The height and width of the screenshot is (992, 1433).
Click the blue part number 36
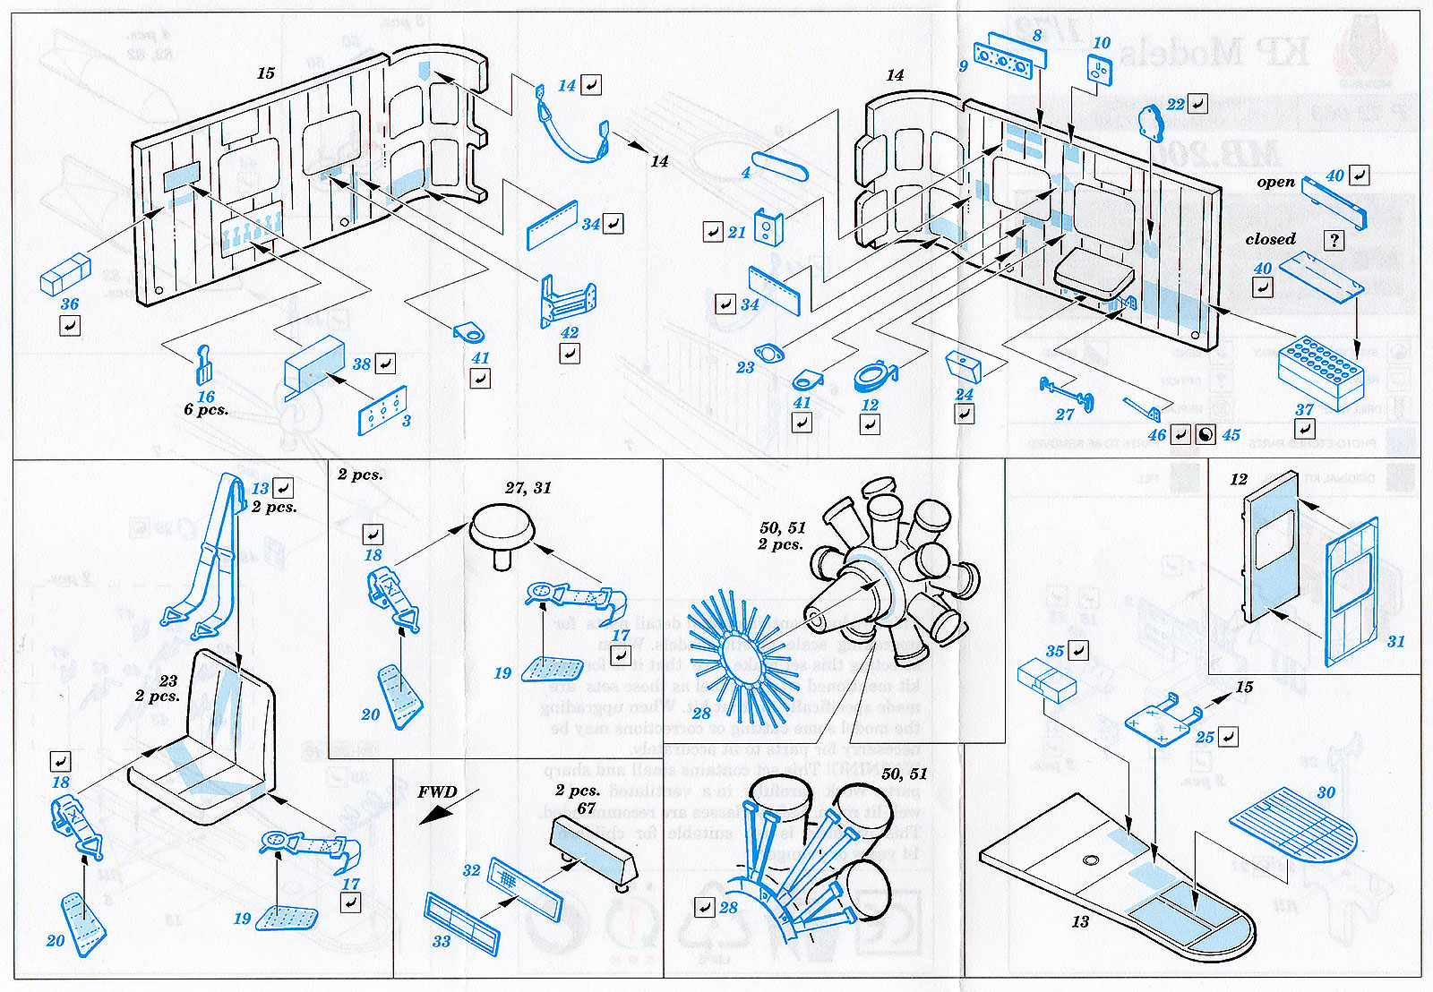click(70, 304)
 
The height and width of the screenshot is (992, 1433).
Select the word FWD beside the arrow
click(437, 792)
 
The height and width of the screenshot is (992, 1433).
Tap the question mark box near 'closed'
click(1334, 240)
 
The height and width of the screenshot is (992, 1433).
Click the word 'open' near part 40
click(1275, 182)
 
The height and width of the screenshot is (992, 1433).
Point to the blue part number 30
click(1326, 792)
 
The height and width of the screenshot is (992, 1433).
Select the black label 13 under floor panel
click(1080, 921)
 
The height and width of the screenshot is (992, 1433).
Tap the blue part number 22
click(1175, 105)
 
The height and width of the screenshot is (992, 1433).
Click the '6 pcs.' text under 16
click(206, 410)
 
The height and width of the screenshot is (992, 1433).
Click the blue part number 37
click(1304, 410)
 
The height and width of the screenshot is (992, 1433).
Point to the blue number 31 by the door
click(1395, 641)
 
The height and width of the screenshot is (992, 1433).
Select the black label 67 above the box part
click(587, 808)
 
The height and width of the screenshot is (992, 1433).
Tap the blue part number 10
click(1101, 43)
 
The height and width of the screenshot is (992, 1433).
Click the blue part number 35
click(1055, 652)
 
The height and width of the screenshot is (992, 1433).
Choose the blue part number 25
click(1205, 737)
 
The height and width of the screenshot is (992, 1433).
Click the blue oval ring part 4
click(779, 165)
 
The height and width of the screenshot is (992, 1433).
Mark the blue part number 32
click(472, 870)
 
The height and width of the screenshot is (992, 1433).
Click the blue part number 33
click(442, 941)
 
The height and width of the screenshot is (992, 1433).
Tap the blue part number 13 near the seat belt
click(260, 489)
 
